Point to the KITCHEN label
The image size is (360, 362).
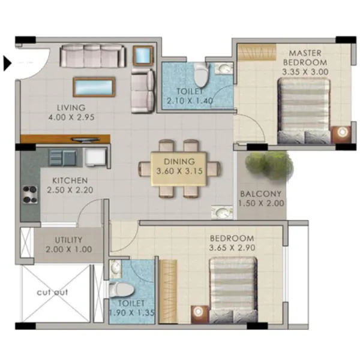pos(70,180)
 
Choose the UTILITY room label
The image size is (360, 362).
pos(68,241)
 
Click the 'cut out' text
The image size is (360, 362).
pos(52,292)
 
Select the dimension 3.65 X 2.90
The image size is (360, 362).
pos(231,248)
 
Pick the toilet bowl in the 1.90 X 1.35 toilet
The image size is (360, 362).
pos(118,289)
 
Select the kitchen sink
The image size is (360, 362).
pos(62,158)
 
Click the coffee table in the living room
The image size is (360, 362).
pos(94,87)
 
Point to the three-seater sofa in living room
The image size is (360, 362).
pos(92,56)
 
